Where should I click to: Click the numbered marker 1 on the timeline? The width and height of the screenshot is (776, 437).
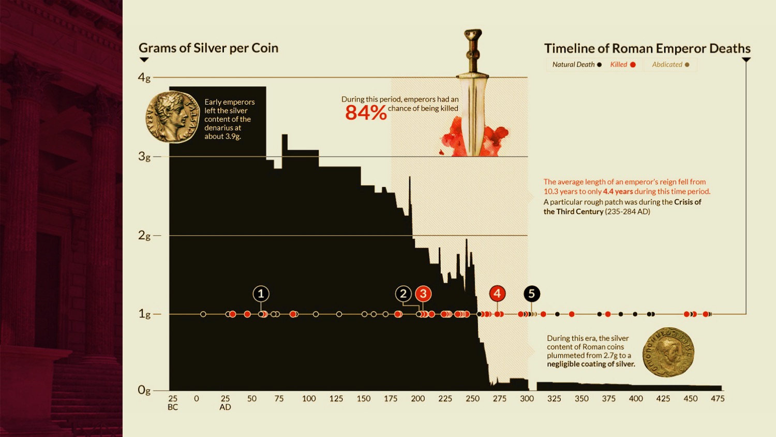tap(261, 294)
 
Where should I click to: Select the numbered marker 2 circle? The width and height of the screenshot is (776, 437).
tap(404, 294)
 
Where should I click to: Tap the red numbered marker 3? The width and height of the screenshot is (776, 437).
tap(423, 294)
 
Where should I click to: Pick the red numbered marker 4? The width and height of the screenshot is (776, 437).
tap(497, 294)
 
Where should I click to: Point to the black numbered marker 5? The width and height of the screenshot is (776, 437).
tap(531, 294)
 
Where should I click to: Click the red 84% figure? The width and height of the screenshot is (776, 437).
tap(366, 112)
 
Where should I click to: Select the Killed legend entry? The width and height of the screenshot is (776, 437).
tap(622, 65)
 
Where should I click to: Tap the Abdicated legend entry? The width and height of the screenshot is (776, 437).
tap(670, 65)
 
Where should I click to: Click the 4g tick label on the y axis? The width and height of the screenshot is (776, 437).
tap(144, 78)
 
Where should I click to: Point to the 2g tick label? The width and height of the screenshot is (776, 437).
tap(144, 236)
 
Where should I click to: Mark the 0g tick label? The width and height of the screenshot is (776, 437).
tap(144, 390)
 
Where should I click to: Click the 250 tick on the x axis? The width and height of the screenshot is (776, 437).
tap(472, 399)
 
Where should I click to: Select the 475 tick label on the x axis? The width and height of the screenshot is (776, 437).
tap(718, 399)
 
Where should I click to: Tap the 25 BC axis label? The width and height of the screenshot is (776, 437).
tap(173, 403)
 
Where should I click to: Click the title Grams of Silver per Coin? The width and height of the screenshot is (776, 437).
tap(208, 48)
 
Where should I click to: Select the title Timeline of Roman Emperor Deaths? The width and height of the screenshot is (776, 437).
tap(647, 49)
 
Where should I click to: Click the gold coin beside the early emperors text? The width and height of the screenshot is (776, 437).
tap(173, 117)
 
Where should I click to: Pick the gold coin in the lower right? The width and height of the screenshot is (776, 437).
tap(668, 352)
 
